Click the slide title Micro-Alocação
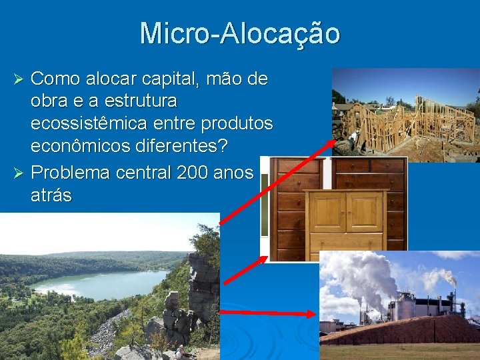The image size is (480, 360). [240, 33]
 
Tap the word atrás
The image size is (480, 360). [51, 195]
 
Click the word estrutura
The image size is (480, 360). [145, 101]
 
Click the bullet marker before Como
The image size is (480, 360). [19, 80]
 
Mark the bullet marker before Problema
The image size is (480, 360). [19, 173]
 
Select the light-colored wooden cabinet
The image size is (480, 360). [345, 219]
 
